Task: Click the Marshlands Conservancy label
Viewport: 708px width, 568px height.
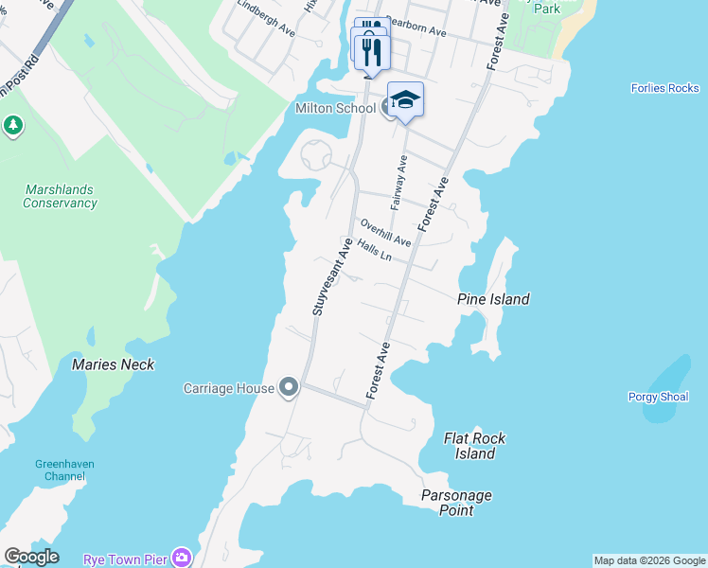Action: (60, 196)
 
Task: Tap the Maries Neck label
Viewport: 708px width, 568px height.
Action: (113, 364)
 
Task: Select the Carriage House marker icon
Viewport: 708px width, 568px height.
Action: (289, 387)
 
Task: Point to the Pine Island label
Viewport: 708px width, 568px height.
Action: (493, 299)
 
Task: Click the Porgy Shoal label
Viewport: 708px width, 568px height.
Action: (658, 397)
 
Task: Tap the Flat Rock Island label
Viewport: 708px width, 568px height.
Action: (475, 446)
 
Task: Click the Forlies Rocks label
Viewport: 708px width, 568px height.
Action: (664, 89)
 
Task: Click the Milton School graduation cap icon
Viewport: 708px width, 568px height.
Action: (405, 100)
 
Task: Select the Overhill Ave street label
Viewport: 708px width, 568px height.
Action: (386, 232)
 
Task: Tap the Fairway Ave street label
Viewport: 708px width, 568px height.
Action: (398, 183)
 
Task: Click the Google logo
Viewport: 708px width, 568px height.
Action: (31, 557)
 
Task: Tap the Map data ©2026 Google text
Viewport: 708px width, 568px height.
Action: (649, 560)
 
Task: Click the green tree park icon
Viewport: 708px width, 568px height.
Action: (12, 125)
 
